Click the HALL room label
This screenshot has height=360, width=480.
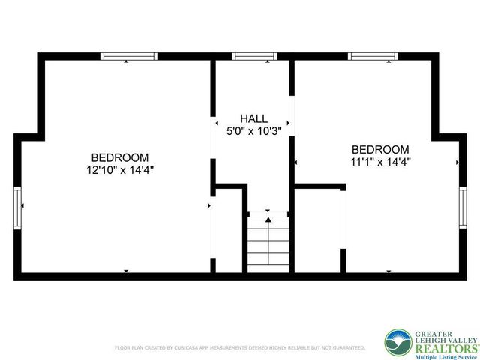[x=253, y=119]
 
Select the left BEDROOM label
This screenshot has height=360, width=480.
[x=119, y=157]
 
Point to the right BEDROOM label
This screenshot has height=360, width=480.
[x=380, y=149]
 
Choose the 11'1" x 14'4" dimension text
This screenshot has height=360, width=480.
[x=380, y=161]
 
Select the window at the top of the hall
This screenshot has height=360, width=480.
[x=254, y=55]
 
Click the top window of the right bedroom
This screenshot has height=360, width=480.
[x=373, y=55]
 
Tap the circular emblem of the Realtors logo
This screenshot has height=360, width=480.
[x=396, y=343]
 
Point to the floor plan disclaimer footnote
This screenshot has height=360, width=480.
[x=239, y=348]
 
